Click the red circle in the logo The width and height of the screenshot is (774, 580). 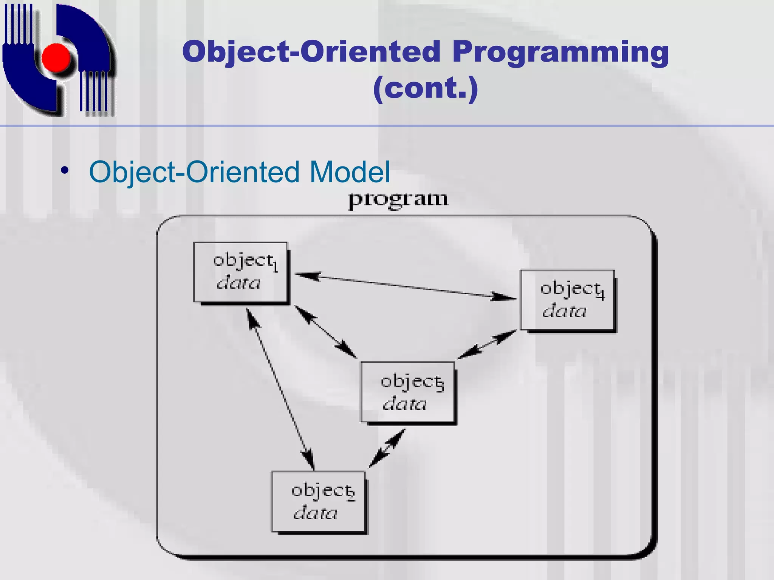click(x=56, y=57)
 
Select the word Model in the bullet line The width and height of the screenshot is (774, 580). click(x=350, y=172)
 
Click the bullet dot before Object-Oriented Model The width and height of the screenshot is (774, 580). click(x=65, y=171)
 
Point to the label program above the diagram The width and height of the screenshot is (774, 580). click(x=398, y=199)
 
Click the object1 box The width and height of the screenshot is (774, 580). click(x=240, y=272)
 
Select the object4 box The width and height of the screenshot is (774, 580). click(x=567, y=300)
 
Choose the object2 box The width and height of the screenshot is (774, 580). click(x=318, y=501)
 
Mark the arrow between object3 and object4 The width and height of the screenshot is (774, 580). click(x=487, y=344)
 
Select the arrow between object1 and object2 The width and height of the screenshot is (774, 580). click(x=280, y=389)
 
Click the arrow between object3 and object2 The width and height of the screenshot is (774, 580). click(x=387, y=448)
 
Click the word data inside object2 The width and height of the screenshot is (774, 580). click(x=315, y=513)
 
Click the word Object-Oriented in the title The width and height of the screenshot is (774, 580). click(x=311, y=52)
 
